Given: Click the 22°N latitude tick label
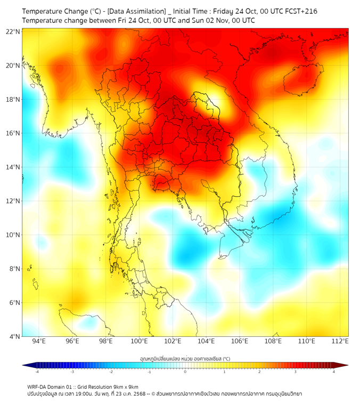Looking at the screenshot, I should [x=13, y=31].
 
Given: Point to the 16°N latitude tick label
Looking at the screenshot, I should [x=13, y=133].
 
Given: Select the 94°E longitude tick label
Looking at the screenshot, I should [x=39, y=341].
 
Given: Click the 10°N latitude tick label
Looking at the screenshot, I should [x=13, y=235].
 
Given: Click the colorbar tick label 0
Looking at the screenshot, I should [x=185, y=371].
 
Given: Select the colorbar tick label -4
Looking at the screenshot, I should [x=36, y=371].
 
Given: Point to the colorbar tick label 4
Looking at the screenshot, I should [x=334, y=371].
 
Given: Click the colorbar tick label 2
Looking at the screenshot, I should [x=260, y=371].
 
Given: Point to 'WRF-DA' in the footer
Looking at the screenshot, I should [x=37, y=386].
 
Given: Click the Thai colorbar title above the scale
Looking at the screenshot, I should [x=185, y=359].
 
